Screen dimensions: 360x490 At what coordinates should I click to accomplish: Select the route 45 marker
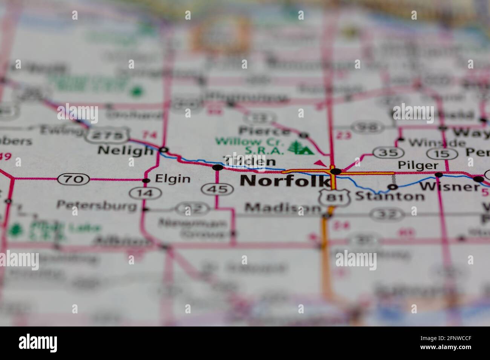click(217, 189)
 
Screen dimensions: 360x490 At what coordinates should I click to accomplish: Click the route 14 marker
click(145, 194)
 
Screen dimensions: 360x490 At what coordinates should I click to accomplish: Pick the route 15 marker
click(440, 154)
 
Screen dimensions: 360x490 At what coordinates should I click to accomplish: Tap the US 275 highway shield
click(108, 135)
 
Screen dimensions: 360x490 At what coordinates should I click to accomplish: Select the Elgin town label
click(173, 179)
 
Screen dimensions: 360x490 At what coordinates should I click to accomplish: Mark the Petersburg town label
click(96, 205)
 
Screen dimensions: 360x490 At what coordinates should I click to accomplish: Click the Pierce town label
click(265, 131)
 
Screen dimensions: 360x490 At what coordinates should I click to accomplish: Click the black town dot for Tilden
click(217, 167)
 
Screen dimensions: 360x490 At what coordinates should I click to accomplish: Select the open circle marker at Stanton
click(393, 187)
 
